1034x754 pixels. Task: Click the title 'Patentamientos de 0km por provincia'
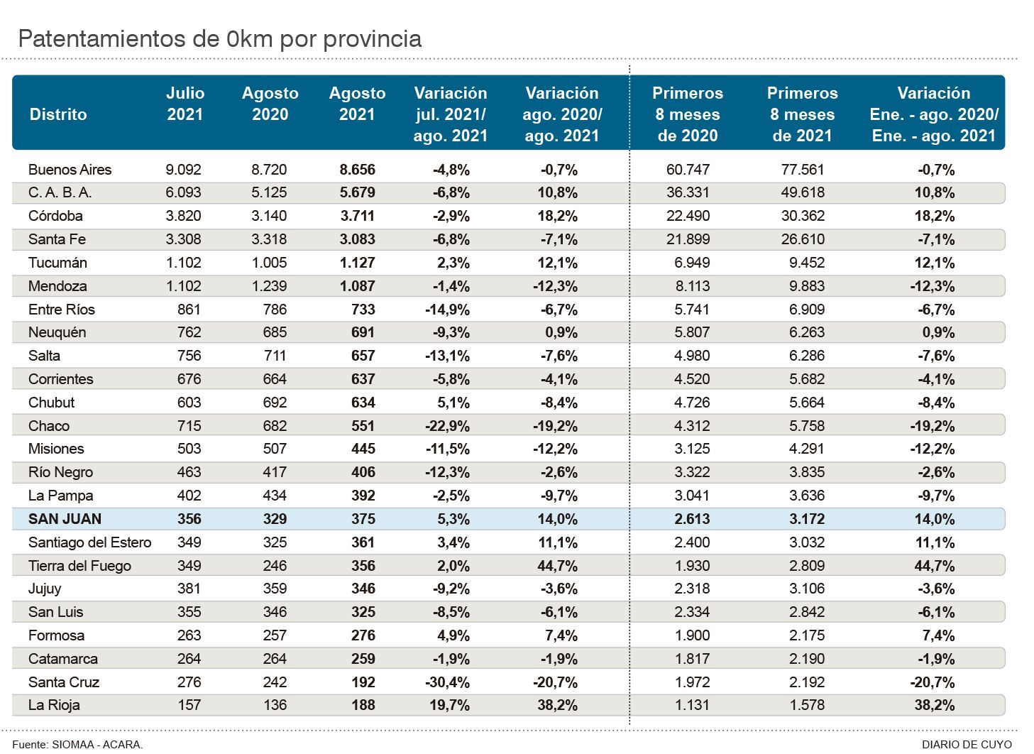[x=219, y=39]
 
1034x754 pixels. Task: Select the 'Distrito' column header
[x=58, y=114]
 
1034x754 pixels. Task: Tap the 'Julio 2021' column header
[x=185, y=104]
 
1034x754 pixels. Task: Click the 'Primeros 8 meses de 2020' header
[x=687, y=114]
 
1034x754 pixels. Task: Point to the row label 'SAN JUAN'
[x=65, y=519]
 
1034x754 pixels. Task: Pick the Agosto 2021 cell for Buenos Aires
[x=357, y=170]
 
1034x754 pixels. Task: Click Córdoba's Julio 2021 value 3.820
[x=184, y=216]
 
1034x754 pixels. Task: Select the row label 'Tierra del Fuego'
[x=79, y=566]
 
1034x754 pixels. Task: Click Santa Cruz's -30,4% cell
[x=447, y=682]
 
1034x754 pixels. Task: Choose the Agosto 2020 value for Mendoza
[x=269, y=286]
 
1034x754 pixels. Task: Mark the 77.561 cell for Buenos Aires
[x=802, y=170]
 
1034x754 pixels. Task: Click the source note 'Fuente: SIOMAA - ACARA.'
[x=77, y=744]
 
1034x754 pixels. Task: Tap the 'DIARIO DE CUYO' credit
[x=967, y=744]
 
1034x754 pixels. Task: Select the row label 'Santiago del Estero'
[x=89, y=542]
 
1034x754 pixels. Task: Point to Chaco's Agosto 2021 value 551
[x=363, y=426]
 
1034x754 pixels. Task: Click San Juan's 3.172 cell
[x=806, y=519]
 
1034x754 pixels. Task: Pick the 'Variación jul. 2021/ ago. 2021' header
[x=451, y=114]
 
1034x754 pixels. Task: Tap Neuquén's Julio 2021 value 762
[x=189, y=332]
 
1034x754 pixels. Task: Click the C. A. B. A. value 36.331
[x=688, y=192]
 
